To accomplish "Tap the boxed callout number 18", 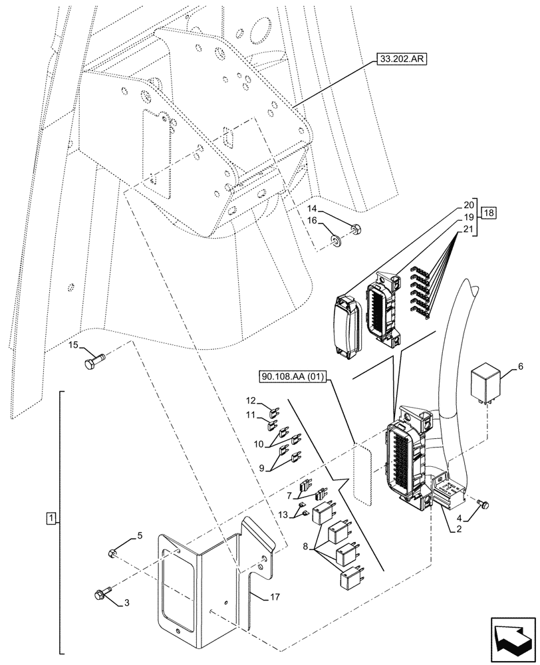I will [x=489, y=213].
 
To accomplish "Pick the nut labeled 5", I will [x=113, y=553].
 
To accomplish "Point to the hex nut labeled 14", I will [x=355, y=230].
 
